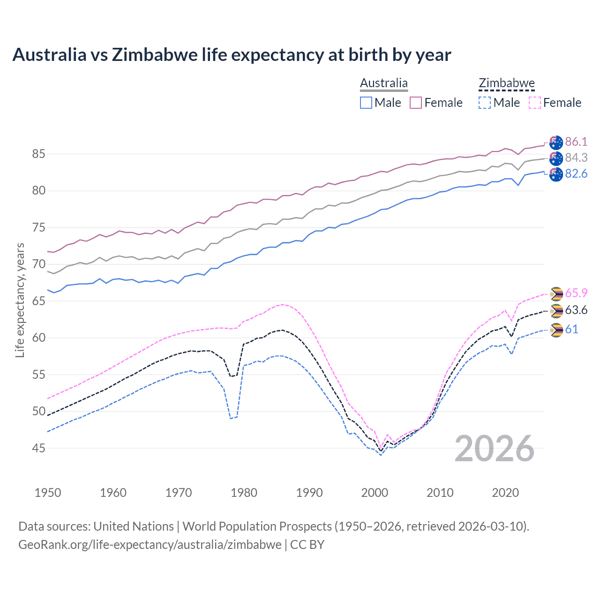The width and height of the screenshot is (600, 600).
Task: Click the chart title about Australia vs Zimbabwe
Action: point(232,55)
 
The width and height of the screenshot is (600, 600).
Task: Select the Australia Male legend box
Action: point(366,103)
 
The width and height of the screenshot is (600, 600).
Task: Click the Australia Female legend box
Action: point(416,103)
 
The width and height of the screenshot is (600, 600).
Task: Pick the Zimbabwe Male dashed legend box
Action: point(485,103)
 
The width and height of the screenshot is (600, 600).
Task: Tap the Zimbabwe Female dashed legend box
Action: point(535,103)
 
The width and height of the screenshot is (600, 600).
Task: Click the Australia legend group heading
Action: point(384,83)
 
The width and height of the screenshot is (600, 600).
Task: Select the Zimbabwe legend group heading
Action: point(507,83)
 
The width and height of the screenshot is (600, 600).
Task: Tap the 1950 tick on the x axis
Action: point(48,493)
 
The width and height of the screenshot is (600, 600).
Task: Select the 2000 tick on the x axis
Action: point(375,493)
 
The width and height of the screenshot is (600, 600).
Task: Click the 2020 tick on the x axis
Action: point(505,493)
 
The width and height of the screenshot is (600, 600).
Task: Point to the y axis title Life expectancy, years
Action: point(20,300)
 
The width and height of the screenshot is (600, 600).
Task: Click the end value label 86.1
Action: point(576,142)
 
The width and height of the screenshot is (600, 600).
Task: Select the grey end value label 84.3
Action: point(576,158)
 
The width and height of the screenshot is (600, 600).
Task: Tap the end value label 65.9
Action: point(576,293)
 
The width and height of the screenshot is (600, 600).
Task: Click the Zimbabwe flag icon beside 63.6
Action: point(556,310)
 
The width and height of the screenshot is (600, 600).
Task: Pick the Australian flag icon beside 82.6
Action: point(556,174)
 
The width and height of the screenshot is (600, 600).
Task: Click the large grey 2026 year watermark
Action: point(495,449)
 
